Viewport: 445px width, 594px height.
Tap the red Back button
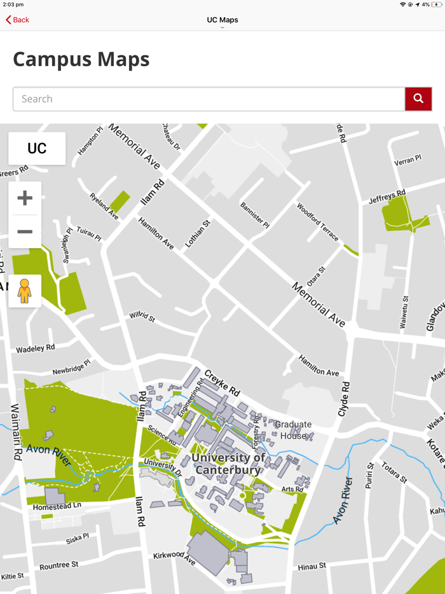click(18, 20)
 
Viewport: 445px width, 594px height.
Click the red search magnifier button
click(418, 99)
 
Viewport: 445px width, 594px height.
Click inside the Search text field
click(209, 99)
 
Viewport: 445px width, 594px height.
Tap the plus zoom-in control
click(25, 198)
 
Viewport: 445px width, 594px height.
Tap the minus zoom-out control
click(25, 231)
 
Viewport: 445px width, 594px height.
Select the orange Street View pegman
click(25, 291)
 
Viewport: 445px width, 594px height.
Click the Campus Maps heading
click(81, 59)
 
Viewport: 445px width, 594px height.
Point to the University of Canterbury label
click(228, 464)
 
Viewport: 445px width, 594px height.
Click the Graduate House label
click(293, 430)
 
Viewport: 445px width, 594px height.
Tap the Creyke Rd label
click(222, 381)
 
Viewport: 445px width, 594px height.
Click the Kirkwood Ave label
click(174, 557)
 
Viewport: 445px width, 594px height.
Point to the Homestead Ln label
click(58, 506)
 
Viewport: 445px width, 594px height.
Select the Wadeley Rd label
click(36, 349)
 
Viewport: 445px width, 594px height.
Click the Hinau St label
click(311, 565)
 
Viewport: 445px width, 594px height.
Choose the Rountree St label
click(58, 565)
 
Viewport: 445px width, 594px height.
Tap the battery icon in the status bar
click(437, 4)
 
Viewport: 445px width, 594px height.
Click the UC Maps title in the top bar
click(222, 20)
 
